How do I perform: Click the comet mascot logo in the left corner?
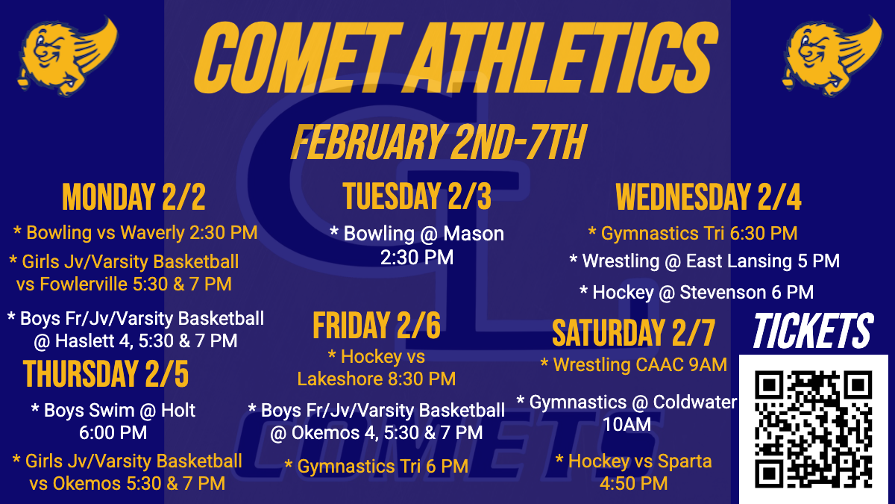[68, 55]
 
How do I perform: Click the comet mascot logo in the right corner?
[832, 55]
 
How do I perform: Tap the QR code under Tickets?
[813, 429]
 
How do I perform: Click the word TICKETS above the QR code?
[813, 331]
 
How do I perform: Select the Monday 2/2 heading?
[134, 197]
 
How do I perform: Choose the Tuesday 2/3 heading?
[417, 196]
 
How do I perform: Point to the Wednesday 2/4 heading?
[709, 197]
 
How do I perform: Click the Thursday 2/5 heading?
[106, 374]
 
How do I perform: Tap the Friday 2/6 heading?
[377, 326]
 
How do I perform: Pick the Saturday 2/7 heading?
[633, 333]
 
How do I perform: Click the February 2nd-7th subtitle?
[439, 142]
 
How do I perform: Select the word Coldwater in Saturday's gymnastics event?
[695, 402]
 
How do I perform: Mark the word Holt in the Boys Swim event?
[178, 411]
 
